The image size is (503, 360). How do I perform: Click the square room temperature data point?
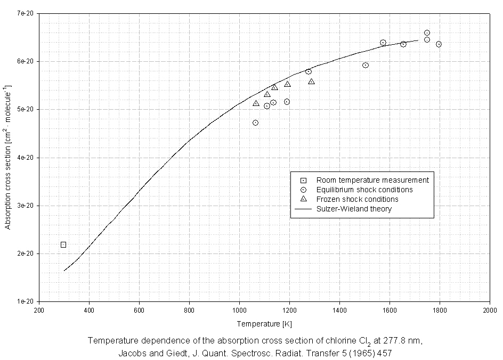coord(63,245)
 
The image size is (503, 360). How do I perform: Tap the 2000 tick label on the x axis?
coord(489,310)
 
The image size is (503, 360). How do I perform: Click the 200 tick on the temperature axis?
coord(39,310)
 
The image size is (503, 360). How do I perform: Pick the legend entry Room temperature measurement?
coord(372,180)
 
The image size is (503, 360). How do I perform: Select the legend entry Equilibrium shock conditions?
coord(364,190)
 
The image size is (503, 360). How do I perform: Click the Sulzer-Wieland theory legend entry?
coord(353,209)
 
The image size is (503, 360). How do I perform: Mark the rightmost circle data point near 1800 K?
coord(439,44)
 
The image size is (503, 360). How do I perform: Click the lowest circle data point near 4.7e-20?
coord(255,122)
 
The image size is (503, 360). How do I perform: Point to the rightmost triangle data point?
coord(311,81)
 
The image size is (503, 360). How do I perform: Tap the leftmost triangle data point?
coord(256,103)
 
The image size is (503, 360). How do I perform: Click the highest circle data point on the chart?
coord(427,32)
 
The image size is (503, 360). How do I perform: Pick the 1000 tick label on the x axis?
coord(239,310)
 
